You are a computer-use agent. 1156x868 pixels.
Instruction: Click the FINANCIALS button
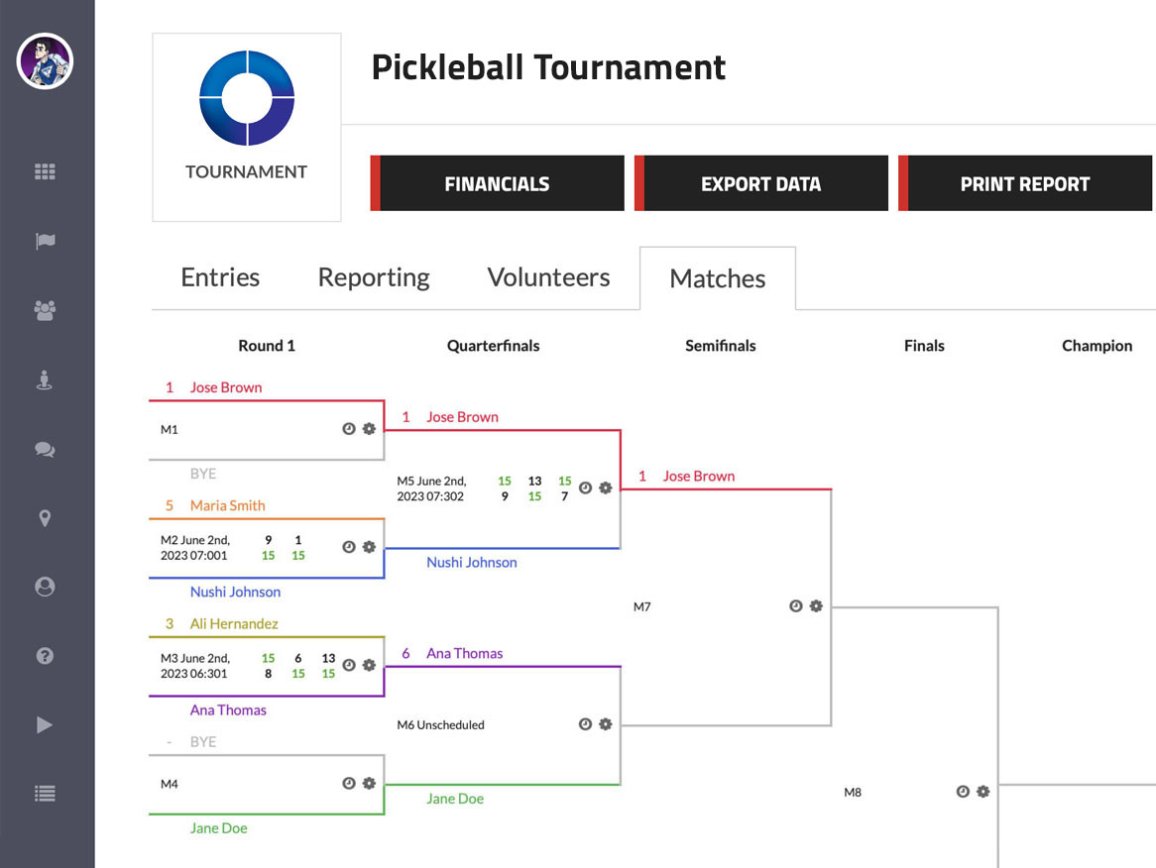point(497,183)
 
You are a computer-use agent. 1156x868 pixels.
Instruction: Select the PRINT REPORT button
point(1025,183)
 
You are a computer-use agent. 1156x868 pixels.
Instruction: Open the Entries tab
point(220,277)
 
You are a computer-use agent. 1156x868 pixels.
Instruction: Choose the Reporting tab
point(374,277)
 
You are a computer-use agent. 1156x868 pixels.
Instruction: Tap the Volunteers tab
point(548,277)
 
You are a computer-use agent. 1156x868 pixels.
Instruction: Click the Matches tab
point(717,278)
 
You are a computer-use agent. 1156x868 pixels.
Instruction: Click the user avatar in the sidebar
point(45,61)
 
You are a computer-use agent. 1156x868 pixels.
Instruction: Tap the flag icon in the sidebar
point(45,241)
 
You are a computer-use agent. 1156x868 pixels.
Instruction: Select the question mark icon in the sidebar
point(45,655)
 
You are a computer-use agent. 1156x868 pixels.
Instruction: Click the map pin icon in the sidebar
point(45,518)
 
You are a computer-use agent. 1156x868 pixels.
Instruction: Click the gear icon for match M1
point(369,429)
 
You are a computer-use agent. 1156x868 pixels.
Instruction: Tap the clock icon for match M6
point(585,724)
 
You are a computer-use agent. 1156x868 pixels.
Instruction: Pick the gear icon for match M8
point(983,792)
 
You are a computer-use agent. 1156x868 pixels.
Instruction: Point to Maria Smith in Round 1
point(227,505)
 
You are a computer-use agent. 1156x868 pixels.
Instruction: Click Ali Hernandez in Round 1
point(234,623)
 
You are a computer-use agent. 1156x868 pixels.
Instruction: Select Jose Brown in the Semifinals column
point(698,476)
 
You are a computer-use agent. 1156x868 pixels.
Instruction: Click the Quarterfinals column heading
point(493,346)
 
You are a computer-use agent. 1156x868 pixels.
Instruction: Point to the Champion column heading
point(1097,346)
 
